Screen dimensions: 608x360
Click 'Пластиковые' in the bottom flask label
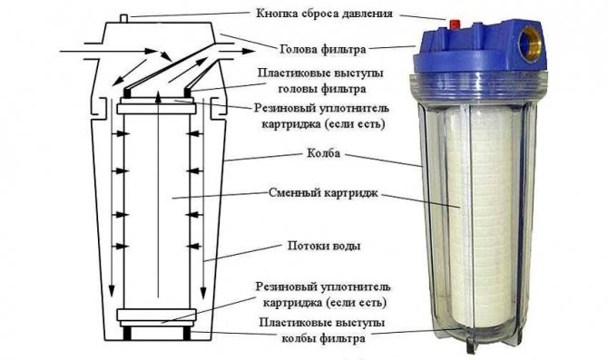tap(282, 324)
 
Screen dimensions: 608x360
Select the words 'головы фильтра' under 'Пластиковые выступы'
tap(313, 88)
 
